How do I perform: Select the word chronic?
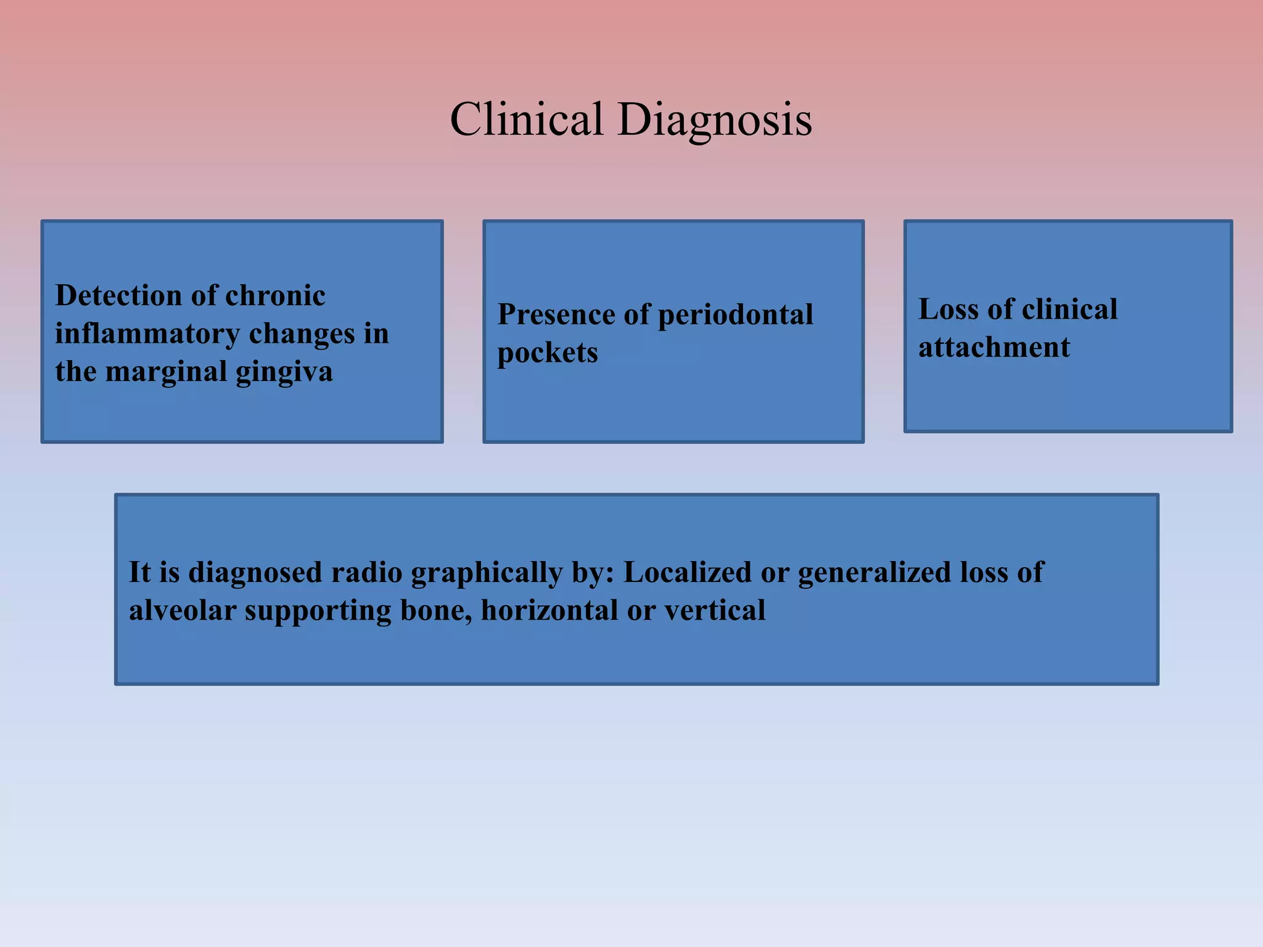pos(275,296)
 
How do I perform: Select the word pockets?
pos(547,353)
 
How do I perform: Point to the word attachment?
pos(994,348)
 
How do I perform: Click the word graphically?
pos(487,573)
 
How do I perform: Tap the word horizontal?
pos(548,611)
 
